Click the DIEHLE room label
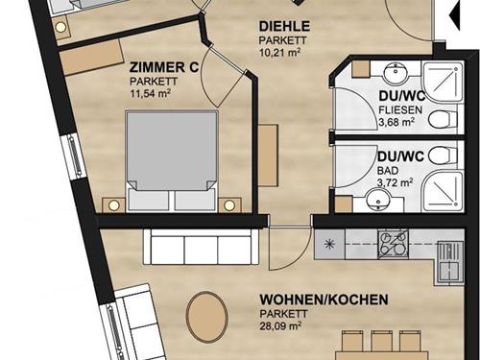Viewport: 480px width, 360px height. click(x=283, y=26)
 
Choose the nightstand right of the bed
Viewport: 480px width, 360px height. click(x=229, y=204)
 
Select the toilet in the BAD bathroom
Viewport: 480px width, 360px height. click(x=439, y=157)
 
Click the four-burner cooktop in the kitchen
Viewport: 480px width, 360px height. click(x=395, y=244)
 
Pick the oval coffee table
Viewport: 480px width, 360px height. click(x=207, y=316)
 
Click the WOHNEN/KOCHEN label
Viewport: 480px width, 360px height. click(x=324, y=300)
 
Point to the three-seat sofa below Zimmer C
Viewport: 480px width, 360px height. click(x=201, y=248)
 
